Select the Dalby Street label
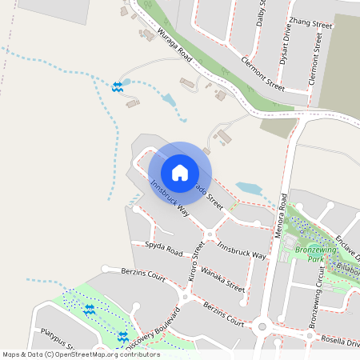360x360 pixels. (261, 14)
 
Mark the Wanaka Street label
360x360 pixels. (222, 278)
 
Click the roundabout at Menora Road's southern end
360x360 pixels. (261, 326)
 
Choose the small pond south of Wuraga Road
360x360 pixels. (168, 100)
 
